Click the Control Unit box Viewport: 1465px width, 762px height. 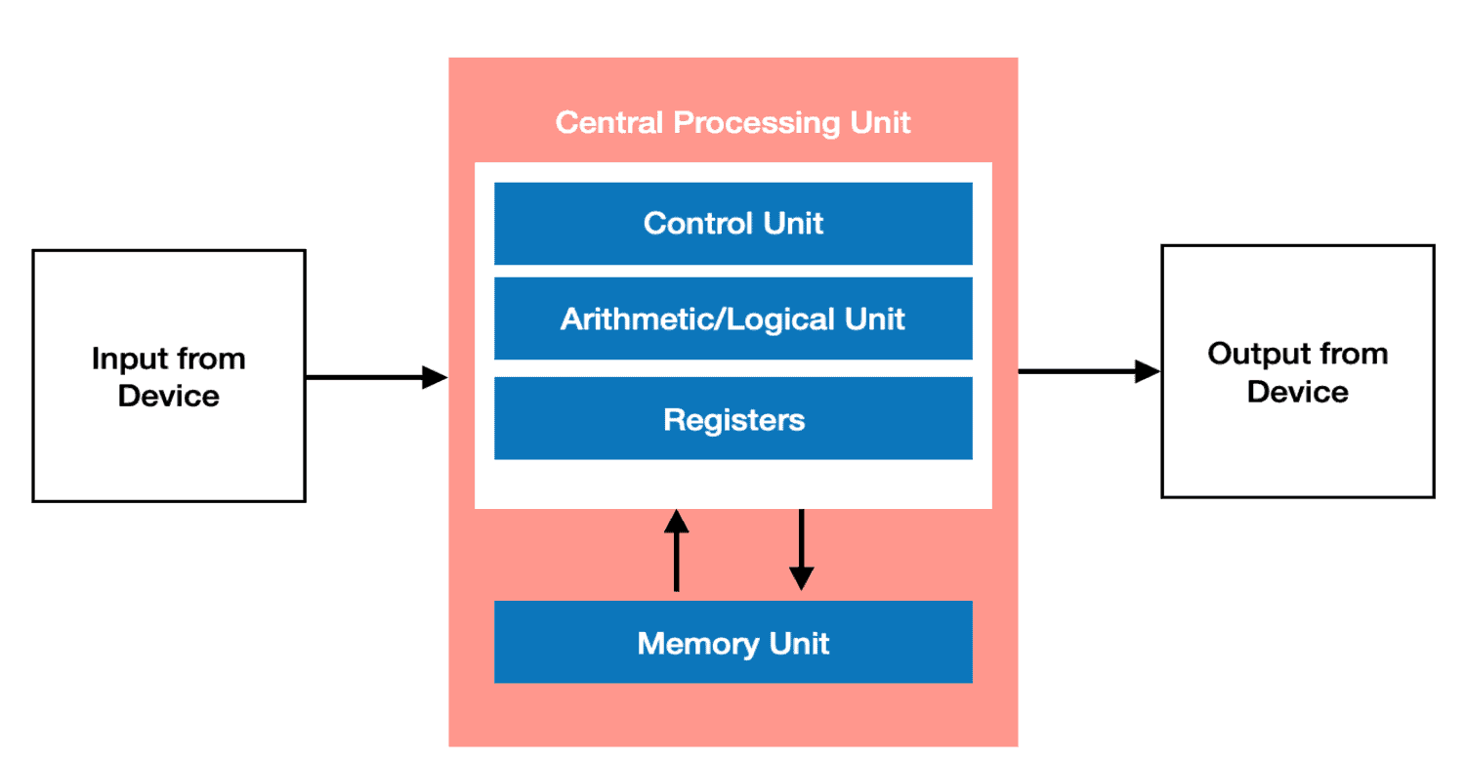tap(732, 223)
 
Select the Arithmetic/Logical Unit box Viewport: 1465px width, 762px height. tap(732, 318)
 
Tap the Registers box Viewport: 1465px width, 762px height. tap(732, 419)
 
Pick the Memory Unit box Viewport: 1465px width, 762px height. tap(732, 642)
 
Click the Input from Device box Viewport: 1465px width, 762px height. tap(169, 376)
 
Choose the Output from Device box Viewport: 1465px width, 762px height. tap(1297, 371)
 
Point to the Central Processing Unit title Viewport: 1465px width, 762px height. tap(732, 123)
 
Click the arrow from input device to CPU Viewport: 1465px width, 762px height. tap(376, 377)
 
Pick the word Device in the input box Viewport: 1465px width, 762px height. tap(169, 396)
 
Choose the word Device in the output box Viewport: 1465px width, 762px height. tap(1297, 391)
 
